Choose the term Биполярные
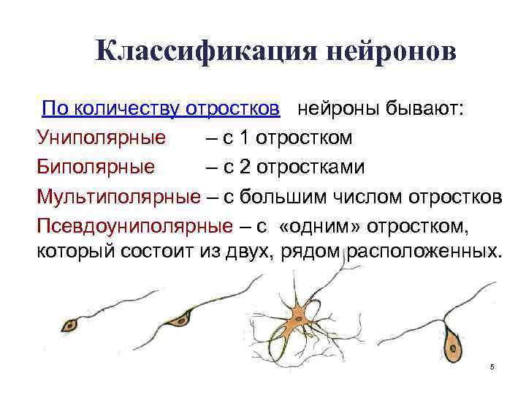[x=96, y=166]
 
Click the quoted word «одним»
[x=315, y=225]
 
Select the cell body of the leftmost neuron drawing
[x=71, y=323]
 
